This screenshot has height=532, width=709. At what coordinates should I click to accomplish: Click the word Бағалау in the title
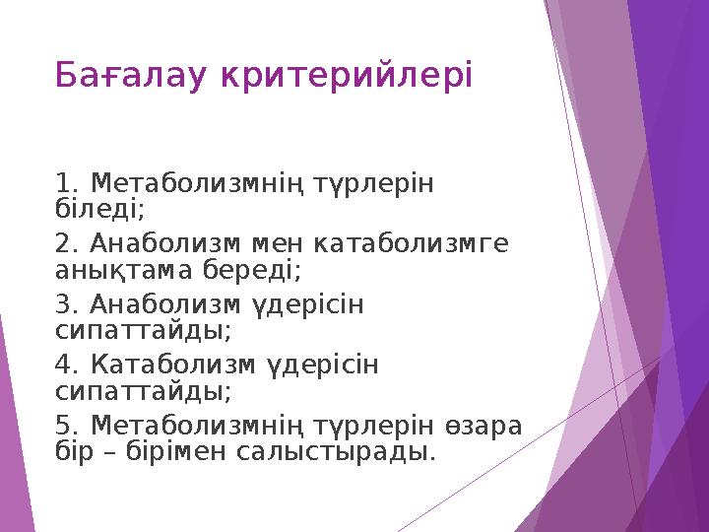click(x=126, y=74)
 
